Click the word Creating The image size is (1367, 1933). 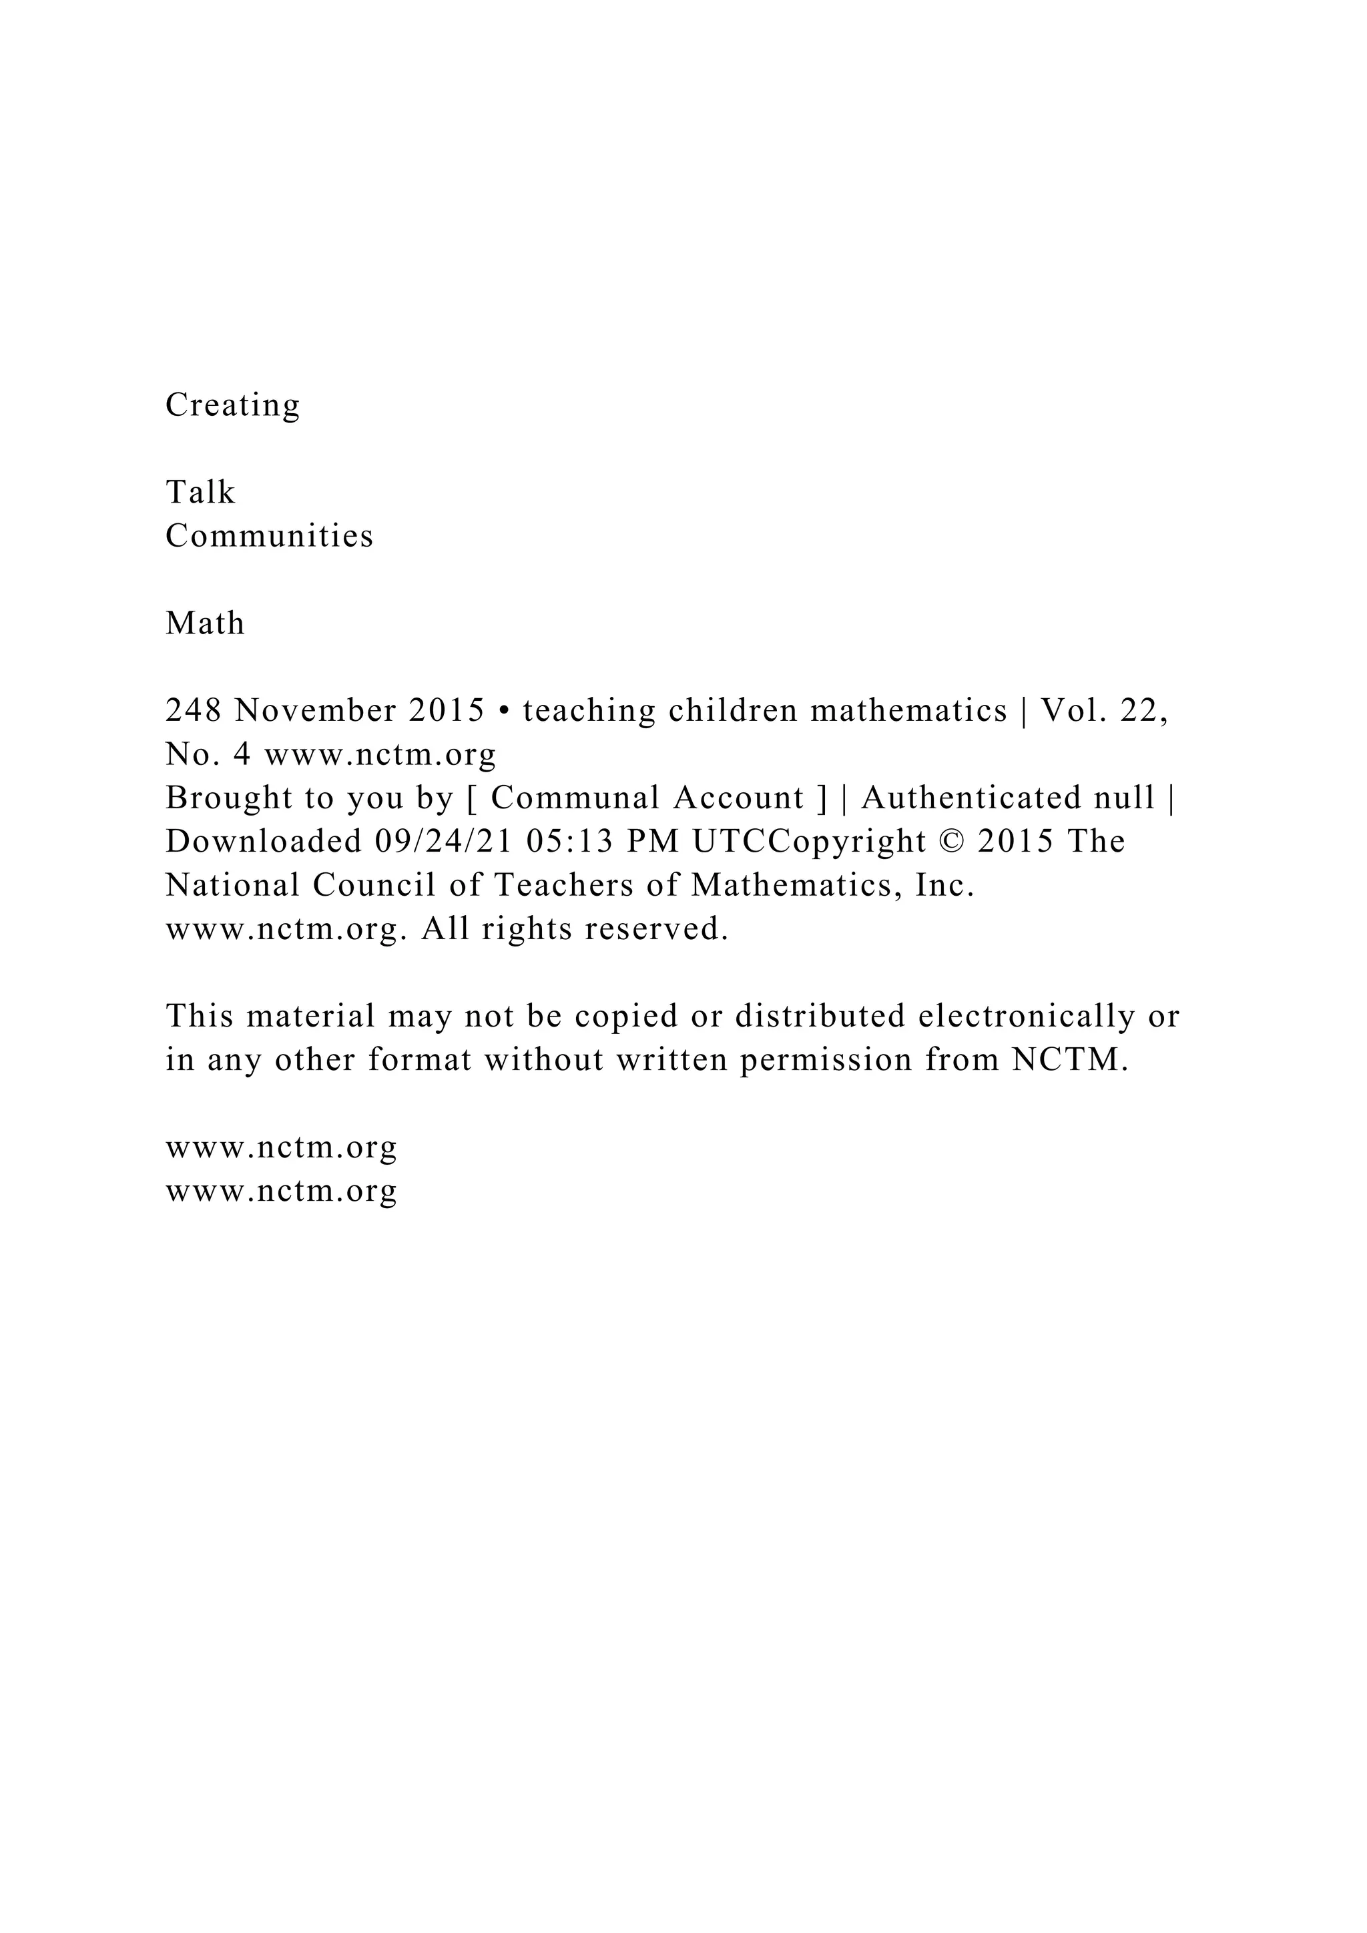(x=232, y=406)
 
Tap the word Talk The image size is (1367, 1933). (x=200, y=493)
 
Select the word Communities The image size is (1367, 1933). (x=270, y=536)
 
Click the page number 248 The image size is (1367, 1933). (x=194, y=712)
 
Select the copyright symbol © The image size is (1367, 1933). (x=951, y=842)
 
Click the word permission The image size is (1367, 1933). (x=826, y=1061)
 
